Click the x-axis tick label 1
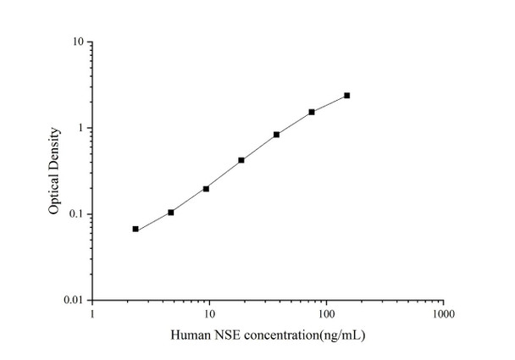click(x=91, y=314)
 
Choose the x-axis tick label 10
click(x=208, y=314)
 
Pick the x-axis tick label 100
click(x=326, y=314)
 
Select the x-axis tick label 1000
click(x=443, y=314)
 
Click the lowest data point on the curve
click(x=136, y=229)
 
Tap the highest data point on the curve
click(x=347, y=96)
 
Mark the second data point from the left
click(x=171, y=212)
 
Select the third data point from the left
click(x=206, y=188)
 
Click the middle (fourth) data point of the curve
click(x=241, y=160)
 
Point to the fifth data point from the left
click(x=276, y=135)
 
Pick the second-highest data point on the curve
click(x=312, y=112)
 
